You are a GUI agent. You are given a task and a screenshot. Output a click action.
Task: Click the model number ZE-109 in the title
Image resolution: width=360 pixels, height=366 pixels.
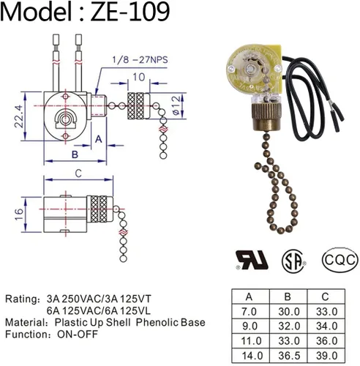coord(130,12)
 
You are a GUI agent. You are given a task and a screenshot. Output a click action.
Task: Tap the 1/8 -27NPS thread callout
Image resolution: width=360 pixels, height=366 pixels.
coord(140,60)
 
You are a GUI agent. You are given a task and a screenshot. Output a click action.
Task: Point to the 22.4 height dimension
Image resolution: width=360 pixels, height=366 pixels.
coord(19,116)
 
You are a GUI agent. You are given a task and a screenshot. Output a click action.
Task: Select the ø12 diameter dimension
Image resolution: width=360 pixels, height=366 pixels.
coord(176,105)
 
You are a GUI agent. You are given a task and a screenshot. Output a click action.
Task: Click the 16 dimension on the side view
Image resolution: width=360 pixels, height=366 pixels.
coord(19,214)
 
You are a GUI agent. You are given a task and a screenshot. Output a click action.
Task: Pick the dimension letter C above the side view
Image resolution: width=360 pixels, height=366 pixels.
coord(78,173)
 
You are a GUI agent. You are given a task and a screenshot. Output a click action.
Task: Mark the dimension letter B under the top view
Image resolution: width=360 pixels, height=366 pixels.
coord(75,154)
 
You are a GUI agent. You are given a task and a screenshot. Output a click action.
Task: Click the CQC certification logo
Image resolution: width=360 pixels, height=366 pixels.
coord(340,260)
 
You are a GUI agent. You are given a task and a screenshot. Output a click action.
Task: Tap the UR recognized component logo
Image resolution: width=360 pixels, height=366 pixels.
coord(252,260)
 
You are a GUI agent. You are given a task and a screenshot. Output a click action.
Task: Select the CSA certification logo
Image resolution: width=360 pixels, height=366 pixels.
coord(293,261)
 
